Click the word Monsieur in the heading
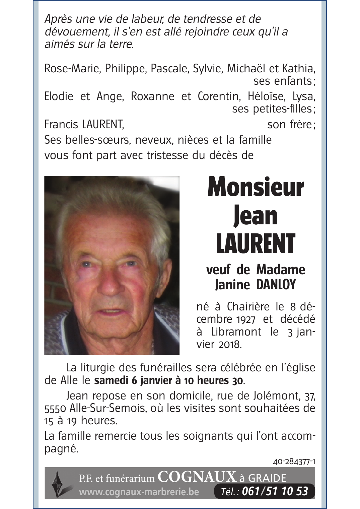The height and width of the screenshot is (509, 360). click(x=256, y=187)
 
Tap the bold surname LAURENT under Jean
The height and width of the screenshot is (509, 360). click(x=256, y=243)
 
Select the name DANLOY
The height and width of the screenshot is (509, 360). click(x=276, y=285)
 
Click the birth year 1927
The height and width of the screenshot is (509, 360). click(x=245, y=319)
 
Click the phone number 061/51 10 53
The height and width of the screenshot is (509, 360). click(x=275, y=491)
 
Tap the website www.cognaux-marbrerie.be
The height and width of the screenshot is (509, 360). click(x=139, y=492)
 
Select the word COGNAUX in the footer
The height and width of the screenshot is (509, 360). click(x=197, y=477)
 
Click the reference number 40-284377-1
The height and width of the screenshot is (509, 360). click(x=294, y=462)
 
